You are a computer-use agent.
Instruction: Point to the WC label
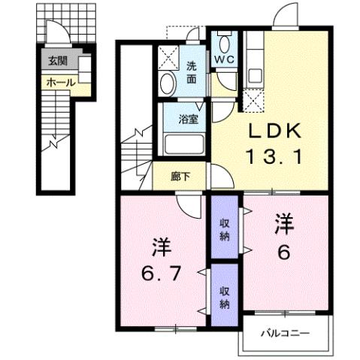pyautogui.click(x=224, y=59)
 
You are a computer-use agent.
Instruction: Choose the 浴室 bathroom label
pyautogui.click(x=188, y=119)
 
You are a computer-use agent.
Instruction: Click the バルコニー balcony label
pyautogui.click(x=285, y=331)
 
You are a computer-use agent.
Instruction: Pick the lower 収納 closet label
pyautogui.click(x=225, y=296)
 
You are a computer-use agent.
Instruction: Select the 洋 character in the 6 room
pyautogui.click(x=283, y=223)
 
